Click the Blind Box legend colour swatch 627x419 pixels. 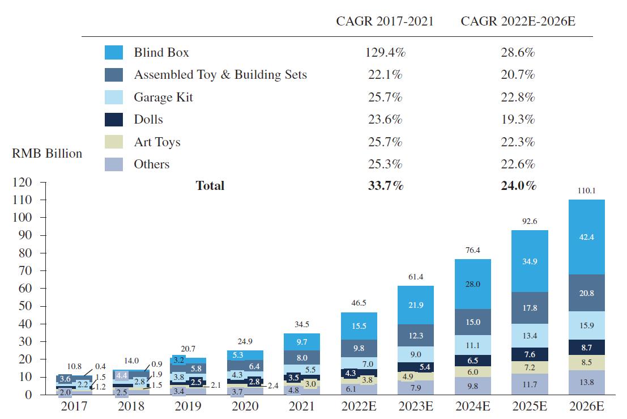pyautogui.click(x=114, y=53)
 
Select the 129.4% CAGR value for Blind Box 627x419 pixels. pyautogui.click(x=385, y=53)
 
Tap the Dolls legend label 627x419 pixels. pyautogui.click(x=148, y=120)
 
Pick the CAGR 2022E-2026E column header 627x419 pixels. pyautogui.click(x=518, y=22)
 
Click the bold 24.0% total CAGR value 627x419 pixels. pyautogui.click(x=518, y=185)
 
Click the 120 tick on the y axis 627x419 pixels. pyautogui.click(x=22, y=183)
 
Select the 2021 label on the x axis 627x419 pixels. pyautogui.click(x=302, y=407)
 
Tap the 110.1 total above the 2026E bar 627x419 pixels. pyautogui.click(x=586, y=191)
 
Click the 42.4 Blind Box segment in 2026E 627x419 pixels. pyautogui.click(x=586, y=238)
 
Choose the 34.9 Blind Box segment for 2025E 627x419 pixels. pyautogui.click(x=530, y=261)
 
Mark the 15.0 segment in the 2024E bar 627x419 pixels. pyautogui.click(x=473, y=322)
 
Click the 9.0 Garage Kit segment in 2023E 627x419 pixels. pyautogui.click(x=416, y=354)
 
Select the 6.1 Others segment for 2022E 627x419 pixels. pyautogui.click(x=351, y=389)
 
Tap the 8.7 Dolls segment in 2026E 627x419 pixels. pyautogui.click(x=586, y=347)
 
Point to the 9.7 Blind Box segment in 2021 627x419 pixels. pyautogui.click(x=302, y=342)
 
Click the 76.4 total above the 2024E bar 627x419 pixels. pyautogui.click(x=473, y=250)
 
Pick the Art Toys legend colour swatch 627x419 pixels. pyautogui.click(x=114, y=142)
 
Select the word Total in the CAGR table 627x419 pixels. pyautogui.click(x=210, y=185)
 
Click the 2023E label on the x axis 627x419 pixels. pyautogui.click(x=416, y=407)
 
